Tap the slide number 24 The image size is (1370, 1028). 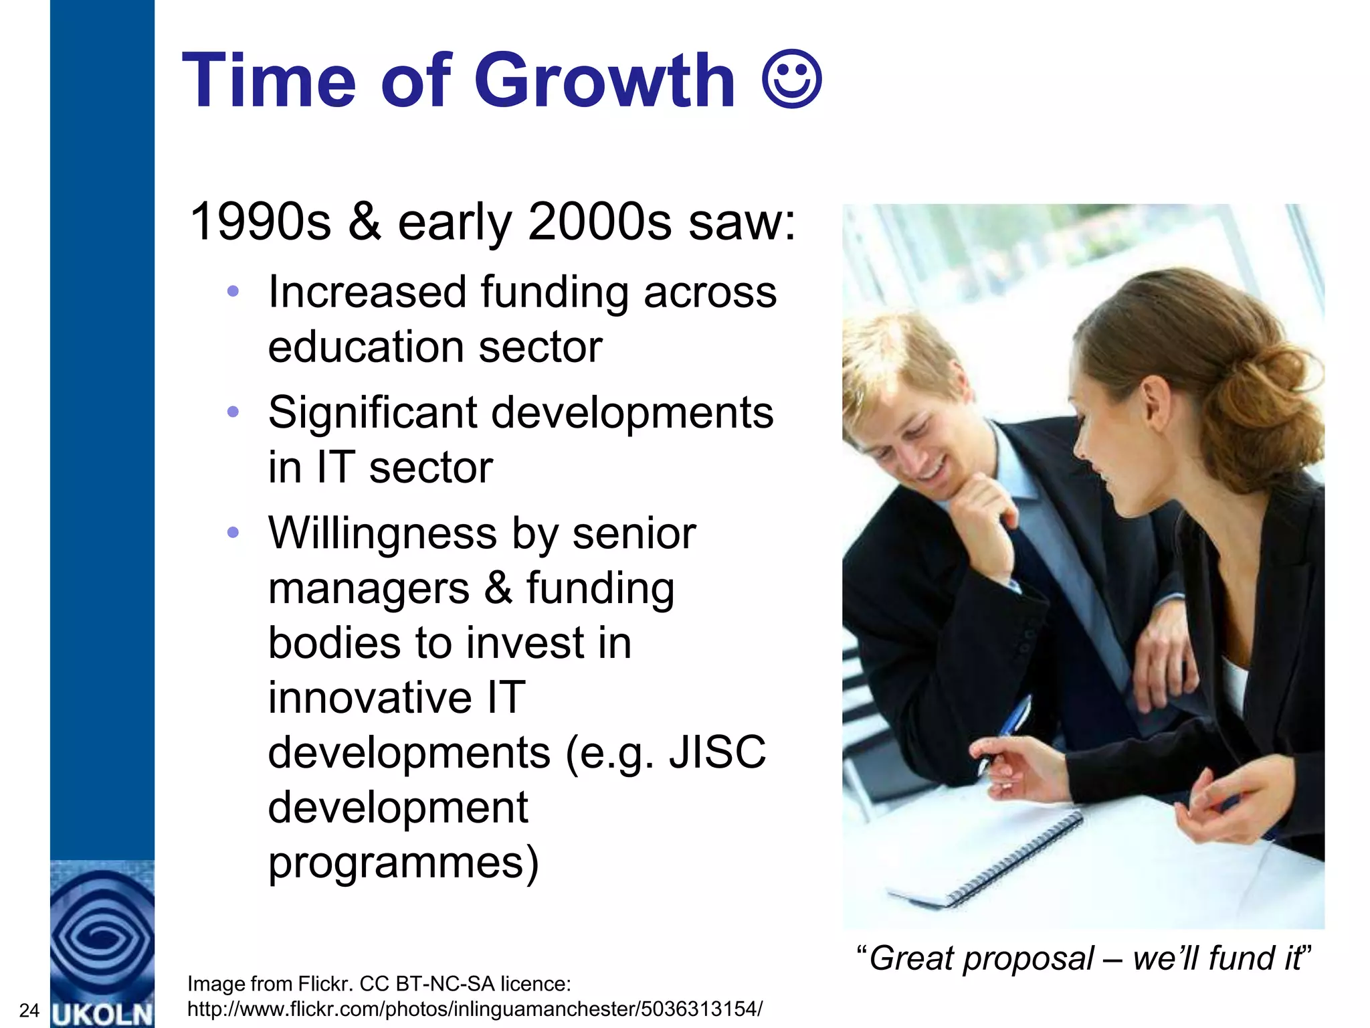coord(29,1011)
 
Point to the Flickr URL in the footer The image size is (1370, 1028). coord(474,1009)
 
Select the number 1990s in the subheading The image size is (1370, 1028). coord(260,222)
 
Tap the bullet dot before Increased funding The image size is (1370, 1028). coord(233,291)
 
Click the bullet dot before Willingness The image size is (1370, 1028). coord(233,533)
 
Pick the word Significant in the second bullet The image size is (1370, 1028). coord(372,412)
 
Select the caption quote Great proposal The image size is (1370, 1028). coord(1084,958)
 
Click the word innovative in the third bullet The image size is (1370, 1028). coord(370,697)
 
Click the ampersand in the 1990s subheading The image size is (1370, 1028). coord(365,222)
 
